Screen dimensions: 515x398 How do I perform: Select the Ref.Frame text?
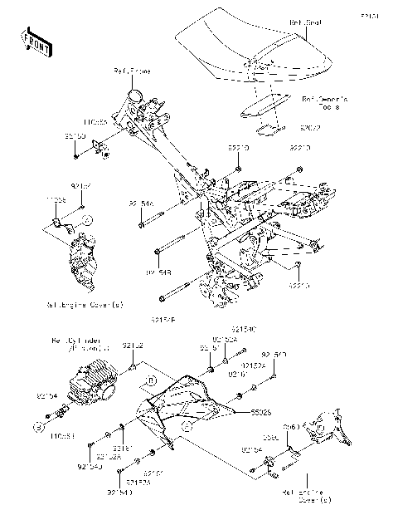click(132, 72)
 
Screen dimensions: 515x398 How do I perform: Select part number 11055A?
click(103, 120)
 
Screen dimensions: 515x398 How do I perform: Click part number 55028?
click(240, 410)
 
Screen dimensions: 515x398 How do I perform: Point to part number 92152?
click(133, 345)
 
